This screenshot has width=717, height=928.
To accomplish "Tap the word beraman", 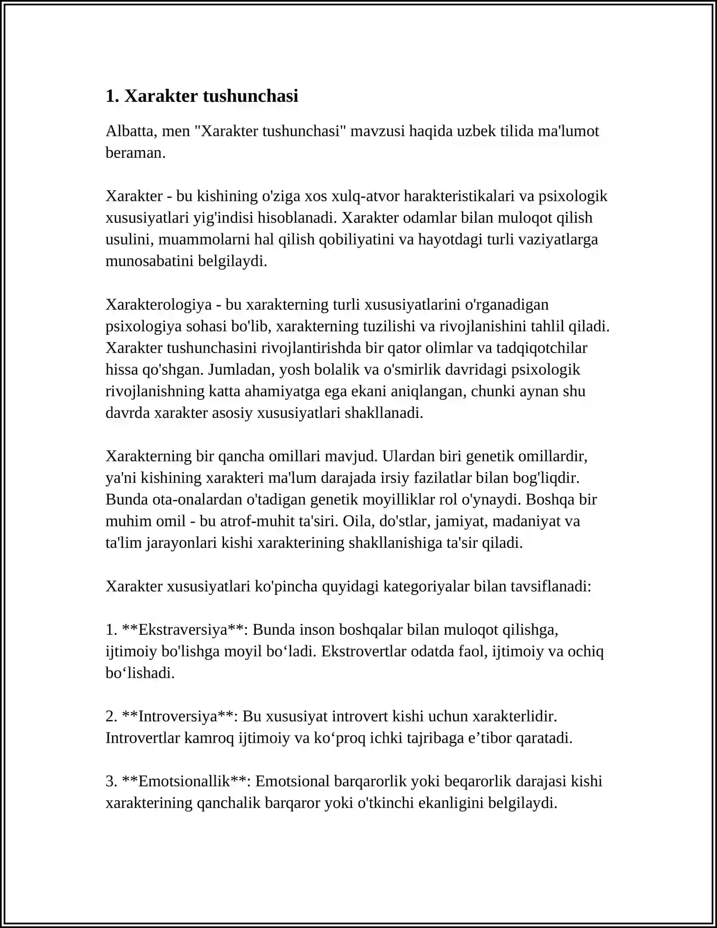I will point(135,152).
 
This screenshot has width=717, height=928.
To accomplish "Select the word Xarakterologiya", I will point(159,304).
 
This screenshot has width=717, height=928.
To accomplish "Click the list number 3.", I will point(111,781).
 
